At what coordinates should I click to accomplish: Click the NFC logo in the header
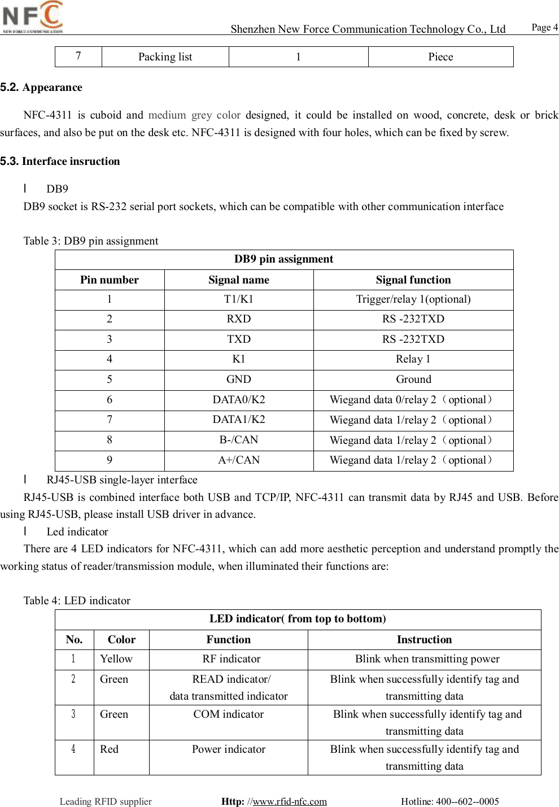coord(33,17)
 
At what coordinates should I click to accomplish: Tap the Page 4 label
coord(544,27)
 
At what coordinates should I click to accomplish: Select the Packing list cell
coord(165,57)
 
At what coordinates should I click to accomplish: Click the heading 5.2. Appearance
coord(41,88)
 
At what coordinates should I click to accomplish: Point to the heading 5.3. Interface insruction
coord(60,162)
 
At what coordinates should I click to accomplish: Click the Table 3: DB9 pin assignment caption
coord(90,241)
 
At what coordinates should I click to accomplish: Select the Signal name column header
coord(238,280)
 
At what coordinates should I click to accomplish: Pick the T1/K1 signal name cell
coord(238,299)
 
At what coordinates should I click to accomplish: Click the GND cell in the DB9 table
coord(238,379)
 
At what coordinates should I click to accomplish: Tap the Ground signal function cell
coord(413,379)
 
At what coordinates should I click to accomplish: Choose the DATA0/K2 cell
coord(238,400)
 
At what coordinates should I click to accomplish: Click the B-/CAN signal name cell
coord(238,440)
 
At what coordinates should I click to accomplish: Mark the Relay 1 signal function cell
coord(413,359)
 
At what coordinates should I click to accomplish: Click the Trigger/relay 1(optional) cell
coord(413,299)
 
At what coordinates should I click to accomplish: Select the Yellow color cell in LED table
coord(116,659)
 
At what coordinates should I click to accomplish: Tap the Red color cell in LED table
coord(110,749)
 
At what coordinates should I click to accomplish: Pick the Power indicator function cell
coord(228,749)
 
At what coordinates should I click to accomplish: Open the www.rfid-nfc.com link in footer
coord(290,801)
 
